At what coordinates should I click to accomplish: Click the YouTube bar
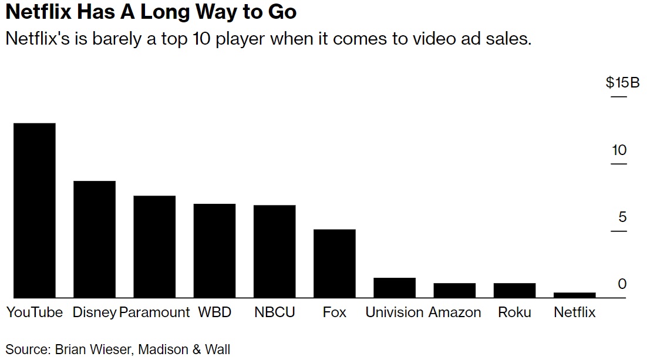coord(35,210)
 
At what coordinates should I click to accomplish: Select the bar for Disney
coord(94,239)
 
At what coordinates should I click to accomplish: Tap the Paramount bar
coord(154,247)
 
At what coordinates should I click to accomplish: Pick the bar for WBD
coord(214,251)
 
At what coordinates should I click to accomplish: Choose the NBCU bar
coord(274,251)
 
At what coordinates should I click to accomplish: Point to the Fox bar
coord(334,264)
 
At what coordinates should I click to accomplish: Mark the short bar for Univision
coord(395,288)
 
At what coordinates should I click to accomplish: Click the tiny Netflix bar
coord(574,295)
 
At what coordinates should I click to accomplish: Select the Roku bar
coord(514,291)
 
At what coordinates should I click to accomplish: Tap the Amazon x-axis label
coord(454,312)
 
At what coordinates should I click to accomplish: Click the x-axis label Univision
coord(395,312)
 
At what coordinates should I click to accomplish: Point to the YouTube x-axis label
coord(35,312)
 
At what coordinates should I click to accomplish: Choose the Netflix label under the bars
coord(574,312)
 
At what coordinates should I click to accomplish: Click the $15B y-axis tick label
coord(622,83)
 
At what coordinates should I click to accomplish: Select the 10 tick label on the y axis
coord(619,150)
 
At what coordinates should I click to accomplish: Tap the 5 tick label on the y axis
coord(622,217)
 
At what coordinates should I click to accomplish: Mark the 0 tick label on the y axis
coord(622,284)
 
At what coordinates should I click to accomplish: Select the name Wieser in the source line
coord(112,349)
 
